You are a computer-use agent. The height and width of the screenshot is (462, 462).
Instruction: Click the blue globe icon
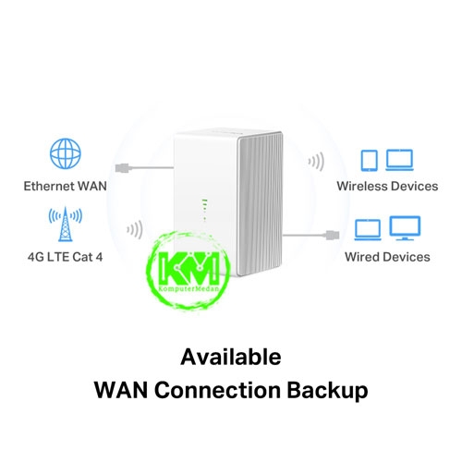click(x=66, y=153)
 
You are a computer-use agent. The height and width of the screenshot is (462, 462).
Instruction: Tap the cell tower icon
click(x=66, y=225)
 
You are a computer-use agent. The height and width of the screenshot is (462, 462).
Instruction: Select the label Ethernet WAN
click(x=66, y=186)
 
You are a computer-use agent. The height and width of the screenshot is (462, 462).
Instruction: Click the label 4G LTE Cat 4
click(x=66, y=257)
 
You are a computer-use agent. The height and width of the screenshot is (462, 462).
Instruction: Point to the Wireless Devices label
click(x=387, y=186)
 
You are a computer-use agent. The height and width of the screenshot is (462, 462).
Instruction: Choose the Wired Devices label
click(x=387, y=257)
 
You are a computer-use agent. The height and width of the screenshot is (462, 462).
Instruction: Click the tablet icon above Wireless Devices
click(x=370, y=160)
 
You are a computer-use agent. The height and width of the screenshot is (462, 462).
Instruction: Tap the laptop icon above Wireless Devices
click(x=399, y=160)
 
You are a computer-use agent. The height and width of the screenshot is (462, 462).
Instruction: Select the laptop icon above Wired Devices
click(x=368, y=230)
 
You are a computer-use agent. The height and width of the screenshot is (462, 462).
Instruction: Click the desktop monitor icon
click(x=405, y=228)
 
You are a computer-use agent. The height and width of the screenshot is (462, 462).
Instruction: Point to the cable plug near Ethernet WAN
click(x=124, y=168)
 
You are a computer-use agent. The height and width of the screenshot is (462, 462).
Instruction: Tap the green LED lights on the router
click(x=204, y=210)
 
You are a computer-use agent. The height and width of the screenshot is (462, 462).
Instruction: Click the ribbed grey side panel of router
click(x=260, y=204)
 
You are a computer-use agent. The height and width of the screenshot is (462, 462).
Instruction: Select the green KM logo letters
click(x=188, y=268)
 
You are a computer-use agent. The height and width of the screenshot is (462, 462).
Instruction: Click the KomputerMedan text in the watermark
click(x=188, y=288)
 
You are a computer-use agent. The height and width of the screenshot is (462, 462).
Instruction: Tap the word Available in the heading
click(x=231, y=358)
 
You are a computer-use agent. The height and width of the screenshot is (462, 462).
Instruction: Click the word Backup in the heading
click(x=327, y=391)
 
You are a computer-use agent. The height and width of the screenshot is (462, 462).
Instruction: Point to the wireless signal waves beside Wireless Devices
click(x=316, y=162)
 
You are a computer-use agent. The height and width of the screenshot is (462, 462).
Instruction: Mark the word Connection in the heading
click(x=217, y=390)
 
